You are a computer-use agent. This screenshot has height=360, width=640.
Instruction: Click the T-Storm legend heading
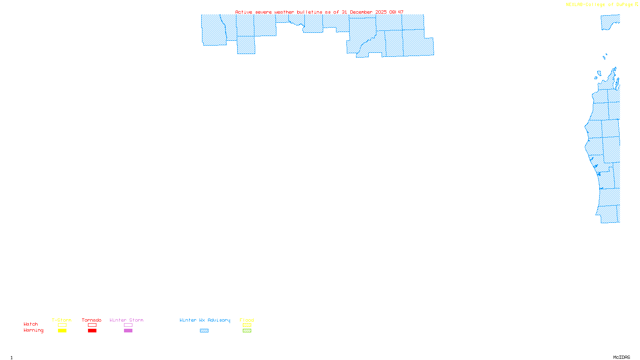click(62, 320)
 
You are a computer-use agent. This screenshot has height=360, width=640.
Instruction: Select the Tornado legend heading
click(92, 320)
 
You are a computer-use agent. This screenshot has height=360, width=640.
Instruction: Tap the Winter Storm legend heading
click(126, 320)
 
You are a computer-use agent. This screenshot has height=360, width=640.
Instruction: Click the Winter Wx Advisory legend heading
click(205, 320)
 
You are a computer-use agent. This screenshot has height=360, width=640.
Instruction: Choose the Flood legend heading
click(247, 320)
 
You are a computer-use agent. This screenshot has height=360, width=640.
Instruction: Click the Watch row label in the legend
click(31, 324)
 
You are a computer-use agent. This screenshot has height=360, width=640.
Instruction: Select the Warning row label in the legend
click(34, 330)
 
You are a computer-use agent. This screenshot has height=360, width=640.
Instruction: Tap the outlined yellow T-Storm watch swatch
click(62, 325)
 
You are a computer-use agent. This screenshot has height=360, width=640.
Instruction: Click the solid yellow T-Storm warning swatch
click(62, 331)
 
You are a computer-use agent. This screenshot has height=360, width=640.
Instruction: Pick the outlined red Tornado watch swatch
click(92, 325)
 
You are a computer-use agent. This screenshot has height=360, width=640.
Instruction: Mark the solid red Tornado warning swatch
click(92, 331)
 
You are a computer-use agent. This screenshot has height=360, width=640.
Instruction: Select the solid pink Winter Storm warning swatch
click(128, 331)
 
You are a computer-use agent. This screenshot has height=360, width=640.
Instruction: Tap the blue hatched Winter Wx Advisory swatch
click(204, 331)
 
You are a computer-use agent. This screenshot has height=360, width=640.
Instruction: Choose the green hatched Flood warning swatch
click(247, 331)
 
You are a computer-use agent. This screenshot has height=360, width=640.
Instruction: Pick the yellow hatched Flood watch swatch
click(247, 325)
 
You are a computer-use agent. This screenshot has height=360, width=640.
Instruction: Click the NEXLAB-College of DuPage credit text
click(599, 5)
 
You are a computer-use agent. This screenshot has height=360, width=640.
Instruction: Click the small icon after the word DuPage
click(636, 4)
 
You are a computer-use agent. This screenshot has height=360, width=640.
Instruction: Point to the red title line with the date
click(319, 12)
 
